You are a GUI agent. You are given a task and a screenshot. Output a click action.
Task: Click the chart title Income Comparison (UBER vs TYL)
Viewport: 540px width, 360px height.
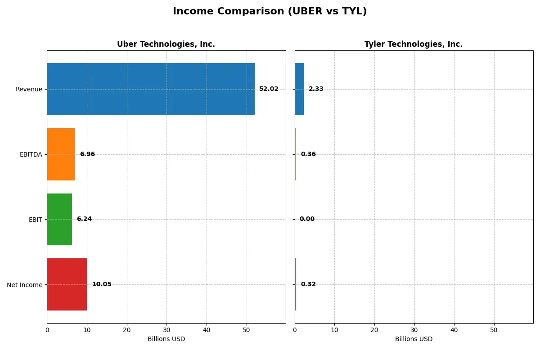(x=270, y=12)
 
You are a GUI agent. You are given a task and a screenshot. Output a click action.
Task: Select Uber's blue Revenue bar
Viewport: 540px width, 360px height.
(x=151, y=89)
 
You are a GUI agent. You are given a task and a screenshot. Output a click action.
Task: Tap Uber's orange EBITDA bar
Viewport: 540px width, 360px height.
(x=61, y=154)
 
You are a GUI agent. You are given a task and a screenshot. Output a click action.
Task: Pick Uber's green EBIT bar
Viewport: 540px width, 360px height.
(x=59, y=219)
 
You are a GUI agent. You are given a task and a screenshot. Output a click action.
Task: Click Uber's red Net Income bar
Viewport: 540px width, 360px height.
(x=67, y=284)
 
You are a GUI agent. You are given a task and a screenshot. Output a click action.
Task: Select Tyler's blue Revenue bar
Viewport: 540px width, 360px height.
(x=299, y=89)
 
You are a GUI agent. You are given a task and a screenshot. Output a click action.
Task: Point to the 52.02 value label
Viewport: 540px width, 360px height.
(x=269, y=89)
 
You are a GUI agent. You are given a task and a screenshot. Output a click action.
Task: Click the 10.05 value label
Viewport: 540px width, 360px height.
(x=102, y=284)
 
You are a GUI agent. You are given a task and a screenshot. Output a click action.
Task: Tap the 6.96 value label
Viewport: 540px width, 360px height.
(x=87, y=154)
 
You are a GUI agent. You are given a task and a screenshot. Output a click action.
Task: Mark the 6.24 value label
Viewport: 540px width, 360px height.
(x=84, y=219)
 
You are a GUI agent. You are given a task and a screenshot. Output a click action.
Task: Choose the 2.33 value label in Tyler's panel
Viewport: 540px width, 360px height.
(x=316, y=89)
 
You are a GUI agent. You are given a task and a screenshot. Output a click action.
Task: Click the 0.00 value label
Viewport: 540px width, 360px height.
(x=307, y=219)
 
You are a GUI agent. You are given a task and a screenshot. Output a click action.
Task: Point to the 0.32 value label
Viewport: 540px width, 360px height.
(x=308, y=284)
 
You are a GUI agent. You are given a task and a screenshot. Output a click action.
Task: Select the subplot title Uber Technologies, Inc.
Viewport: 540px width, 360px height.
(x=166, y=45)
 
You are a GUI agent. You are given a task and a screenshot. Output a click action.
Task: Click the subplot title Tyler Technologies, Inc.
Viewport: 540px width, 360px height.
(x=414, y=45)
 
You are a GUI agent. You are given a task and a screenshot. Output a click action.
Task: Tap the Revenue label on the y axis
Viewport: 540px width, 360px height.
(x=29, y=89)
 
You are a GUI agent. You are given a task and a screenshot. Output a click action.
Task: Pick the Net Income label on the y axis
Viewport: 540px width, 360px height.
(x=25, y=284)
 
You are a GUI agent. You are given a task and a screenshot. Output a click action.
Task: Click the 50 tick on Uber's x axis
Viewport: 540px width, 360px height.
(x=246, y=330)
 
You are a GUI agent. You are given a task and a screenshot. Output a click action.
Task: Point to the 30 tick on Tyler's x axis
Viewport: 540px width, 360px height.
(x=414, y=330)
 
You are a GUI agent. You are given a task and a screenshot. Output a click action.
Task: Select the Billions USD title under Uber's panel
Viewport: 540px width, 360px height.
(x=166, y=339)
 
